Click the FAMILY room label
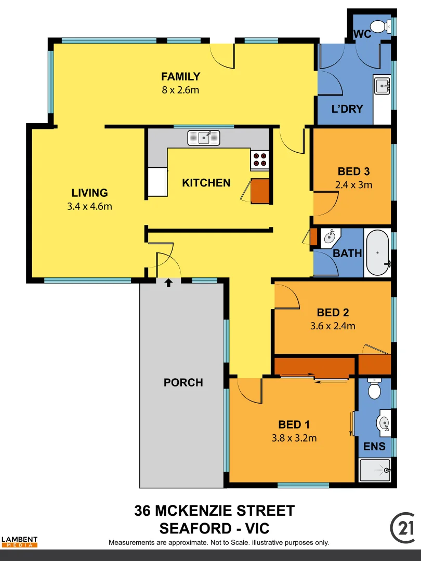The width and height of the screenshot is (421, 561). tap(180, 77)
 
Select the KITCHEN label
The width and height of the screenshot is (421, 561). tap(206, 183)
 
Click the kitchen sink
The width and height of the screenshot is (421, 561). tap(204, 138)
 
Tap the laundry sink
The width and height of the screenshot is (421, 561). tap(382, 85)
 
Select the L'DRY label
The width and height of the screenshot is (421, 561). tap(347, 109)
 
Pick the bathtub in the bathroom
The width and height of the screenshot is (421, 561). tap(378, 253)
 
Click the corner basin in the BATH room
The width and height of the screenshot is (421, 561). tap(329, 238)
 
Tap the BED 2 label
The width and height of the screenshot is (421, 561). tap(333, 313)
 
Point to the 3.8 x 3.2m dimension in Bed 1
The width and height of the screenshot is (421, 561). tap(294, 438)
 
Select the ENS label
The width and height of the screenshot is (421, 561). tap(374, 446)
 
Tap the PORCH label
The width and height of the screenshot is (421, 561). tap(183, 383)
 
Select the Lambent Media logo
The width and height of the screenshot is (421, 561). tap(19, 542)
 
